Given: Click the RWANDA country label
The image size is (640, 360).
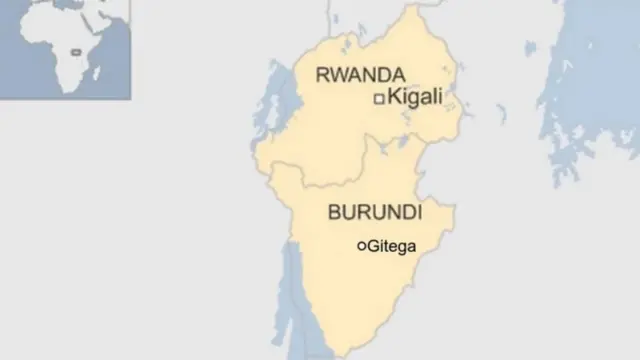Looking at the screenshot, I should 359,75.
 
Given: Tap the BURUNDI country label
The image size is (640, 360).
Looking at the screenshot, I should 374,213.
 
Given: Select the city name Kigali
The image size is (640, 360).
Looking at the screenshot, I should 414,97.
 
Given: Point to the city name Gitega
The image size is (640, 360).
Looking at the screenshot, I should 392,245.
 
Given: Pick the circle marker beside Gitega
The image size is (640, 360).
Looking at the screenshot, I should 361,245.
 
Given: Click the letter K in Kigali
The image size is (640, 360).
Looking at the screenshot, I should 394,97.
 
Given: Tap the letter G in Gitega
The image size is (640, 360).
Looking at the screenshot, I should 374,245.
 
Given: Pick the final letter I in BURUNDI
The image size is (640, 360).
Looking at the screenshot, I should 418,213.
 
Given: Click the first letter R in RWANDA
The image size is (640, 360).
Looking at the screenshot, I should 321,75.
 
